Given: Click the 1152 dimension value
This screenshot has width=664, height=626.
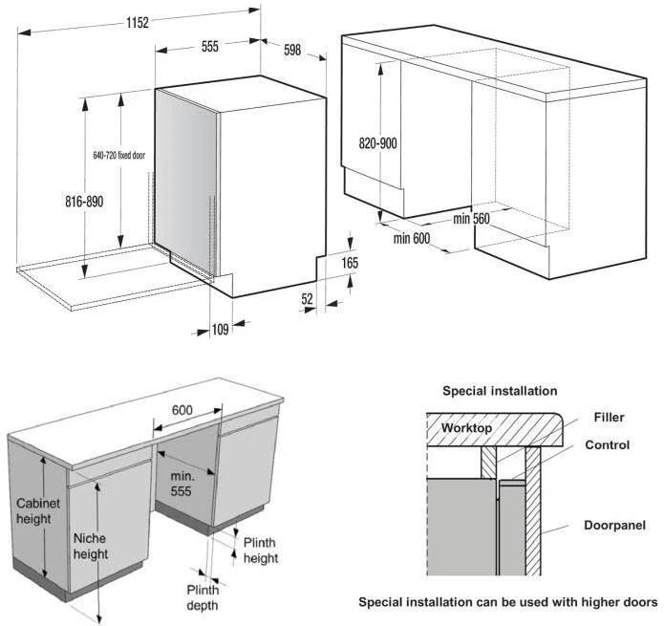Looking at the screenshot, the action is (138, 22).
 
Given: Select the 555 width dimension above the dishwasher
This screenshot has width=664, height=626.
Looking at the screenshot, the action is (210, 46).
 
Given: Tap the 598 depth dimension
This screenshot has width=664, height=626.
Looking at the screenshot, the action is (292, 50).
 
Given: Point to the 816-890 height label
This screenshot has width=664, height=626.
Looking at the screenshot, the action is (84, 202).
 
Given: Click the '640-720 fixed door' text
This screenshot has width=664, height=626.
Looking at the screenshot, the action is (119, 156).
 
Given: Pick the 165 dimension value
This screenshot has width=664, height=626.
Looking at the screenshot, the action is (350, 263).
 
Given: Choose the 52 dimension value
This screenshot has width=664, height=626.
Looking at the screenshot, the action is (307, 299).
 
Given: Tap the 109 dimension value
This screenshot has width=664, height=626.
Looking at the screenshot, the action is (220, 329).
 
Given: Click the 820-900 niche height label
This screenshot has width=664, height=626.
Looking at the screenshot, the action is (378, 143).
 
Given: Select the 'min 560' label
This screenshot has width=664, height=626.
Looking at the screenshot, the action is (471, 219).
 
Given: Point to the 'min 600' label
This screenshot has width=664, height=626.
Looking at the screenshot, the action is (412, 239).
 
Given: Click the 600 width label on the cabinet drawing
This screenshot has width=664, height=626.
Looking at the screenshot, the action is (182, 410).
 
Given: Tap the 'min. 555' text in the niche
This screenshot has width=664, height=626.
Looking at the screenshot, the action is (182, 484).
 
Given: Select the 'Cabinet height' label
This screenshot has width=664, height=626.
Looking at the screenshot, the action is (38, 511).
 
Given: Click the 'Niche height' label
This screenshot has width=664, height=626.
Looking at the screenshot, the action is (91, 546).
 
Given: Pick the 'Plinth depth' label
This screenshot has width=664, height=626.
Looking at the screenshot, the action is (203, 597).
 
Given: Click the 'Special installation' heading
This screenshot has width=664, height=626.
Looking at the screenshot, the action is (500, 391).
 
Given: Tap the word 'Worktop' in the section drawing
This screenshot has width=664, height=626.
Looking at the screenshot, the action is (466, 428).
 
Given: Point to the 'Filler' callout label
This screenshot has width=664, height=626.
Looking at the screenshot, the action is (609, 418).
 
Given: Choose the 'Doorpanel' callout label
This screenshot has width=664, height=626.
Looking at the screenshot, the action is (615, 526).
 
